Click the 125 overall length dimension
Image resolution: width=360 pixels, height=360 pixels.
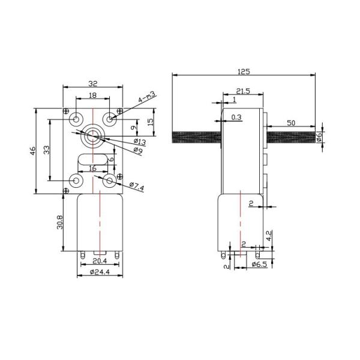click(244, 72)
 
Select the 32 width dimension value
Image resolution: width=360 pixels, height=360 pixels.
click(93, 84)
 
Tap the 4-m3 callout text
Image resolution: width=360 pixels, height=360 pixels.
click(147, 97)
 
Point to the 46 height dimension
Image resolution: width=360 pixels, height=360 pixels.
click(33, 151)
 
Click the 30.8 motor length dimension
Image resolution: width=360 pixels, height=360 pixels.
click(60, 222)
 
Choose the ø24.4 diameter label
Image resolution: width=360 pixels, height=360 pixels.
click(100, 272)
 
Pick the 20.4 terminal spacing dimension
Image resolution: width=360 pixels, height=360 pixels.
click(100, 261)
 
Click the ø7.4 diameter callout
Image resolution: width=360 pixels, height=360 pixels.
click(137, 187)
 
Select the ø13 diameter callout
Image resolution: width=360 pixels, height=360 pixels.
click(140, 142)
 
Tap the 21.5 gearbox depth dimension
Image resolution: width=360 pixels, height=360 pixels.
click(243, 91)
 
